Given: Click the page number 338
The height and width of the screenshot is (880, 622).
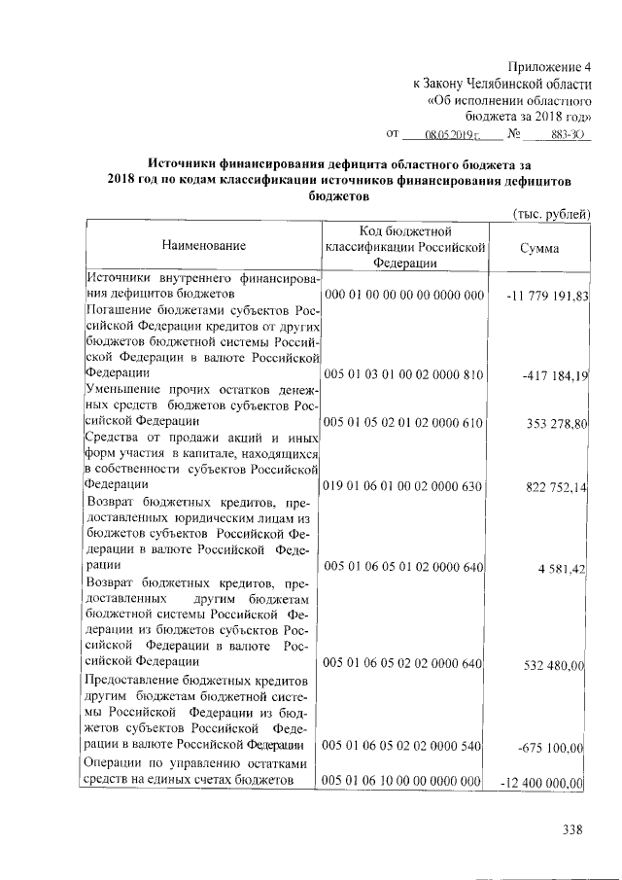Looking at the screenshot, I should coord(571,829).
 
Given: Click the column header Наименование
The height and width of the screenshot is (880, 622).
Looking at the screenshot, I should coord(204,248).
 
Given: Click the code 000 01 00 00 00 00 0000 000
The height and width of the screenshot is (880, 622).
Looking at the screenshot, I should coord(403,295).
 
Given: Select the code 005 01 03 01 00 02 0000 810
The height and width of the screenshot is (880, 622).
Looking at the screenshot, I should coord(403,374).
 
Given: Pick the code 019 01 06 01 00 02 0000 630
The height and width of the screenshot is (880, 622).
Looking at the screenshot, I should coord(403,485).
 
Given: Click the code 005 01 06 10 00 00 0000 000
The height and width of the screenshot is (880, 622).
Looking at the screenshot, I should coord(403,781).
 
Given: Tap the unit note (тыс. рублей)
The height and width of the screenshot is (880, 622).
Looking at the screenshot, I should coord(550,214).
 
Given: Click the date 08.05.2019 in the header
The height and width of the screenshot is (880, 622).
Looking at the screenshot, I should coord(455,135).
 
